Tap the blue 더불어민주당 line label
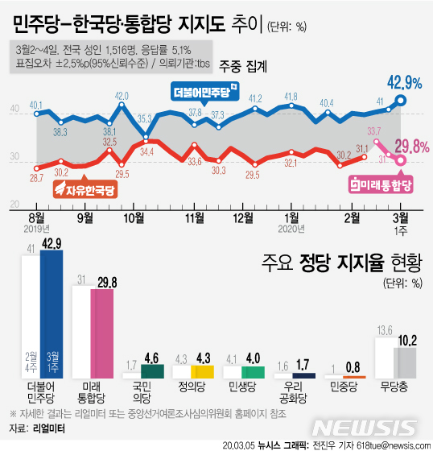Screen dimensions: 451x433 (207, 93)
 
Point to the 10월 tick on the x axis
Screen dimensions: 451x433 (134, 217)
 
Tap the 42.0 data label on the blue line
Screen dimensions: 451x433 (122, 96)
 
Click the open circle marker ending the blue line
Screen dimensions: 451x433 (402, 101)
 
